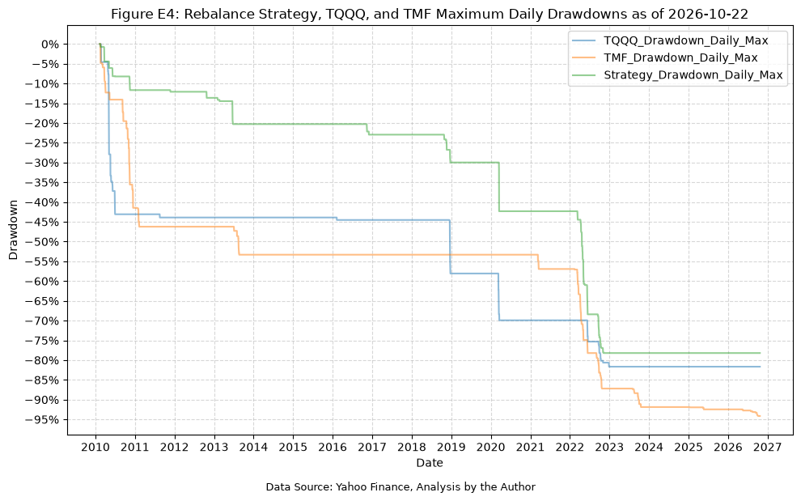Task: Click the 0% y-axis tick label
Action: (x=51, y=45)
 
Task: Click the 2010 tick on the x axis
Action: (x=95, y=448)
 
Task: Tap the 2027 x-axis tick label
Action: (x=767, y=448)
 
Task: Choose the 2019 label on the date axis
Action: (x=451, y=448)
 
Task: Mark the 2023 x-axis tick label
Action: (x=609, y=448)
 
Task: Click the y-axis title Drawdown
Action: (x=13, y=230)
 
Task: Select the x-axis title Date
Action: (x=430, y=463)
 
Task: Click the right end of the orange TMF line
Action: (x=760, y=416)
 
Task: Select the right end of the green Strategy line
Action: (x=760, y=353)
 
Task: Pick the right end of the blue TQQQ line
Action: (x=760, y=367)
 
